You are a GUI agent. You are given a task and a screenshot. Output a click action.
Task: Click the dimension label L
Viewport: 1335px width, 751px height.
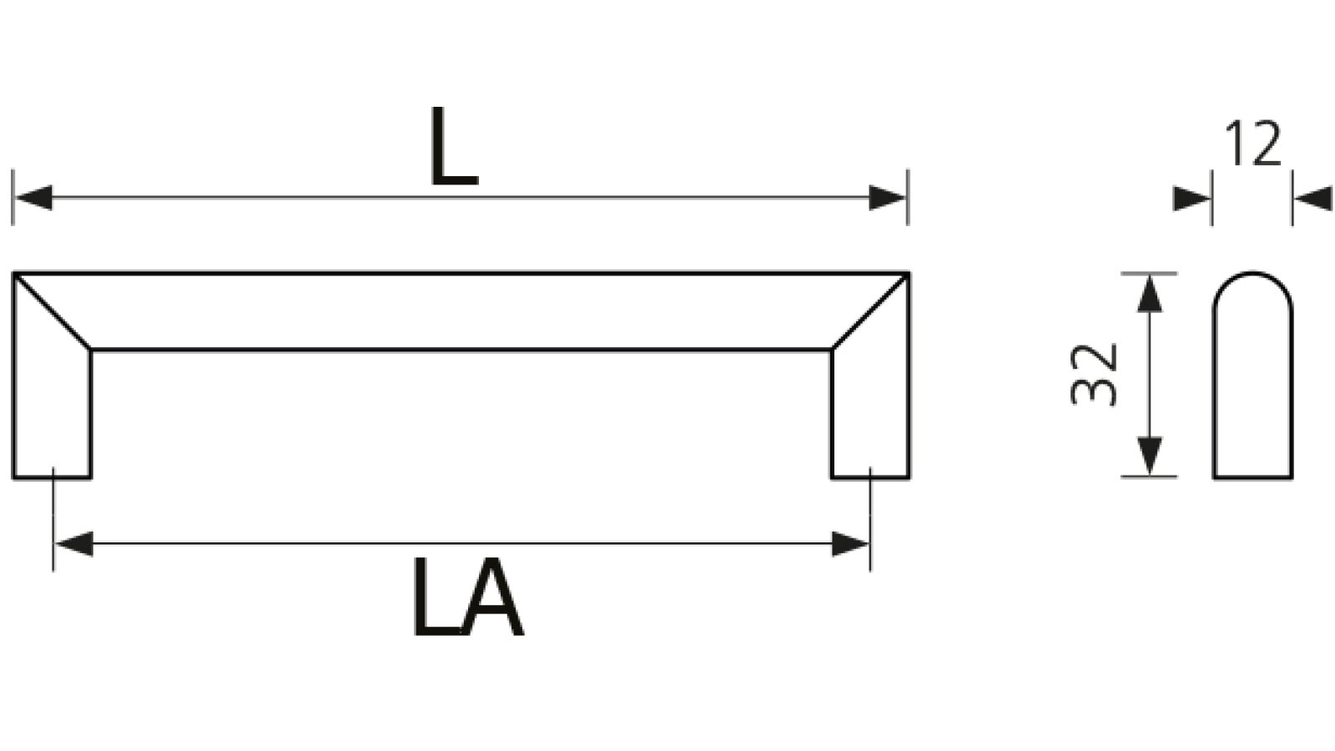pos(454,146)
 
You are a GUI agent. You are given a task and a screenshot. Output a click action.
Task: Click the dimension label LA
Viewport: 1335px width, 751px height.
pos(468,597)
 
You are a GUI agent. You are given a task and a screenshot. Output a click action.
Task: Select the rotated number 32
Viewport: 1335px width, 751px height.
pos(1093,375)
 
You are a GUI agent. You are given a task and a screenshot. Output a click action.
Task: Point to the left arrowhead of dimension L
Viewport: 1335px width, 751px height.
pos(33,198)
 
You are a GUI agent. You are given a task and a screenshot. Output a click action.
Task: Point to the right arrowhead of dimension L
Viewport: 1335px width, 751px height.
pos(887,198)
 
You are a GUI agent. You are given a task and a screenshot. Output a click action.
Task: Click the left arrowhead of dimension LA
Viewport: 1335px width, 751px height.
pos(74,543)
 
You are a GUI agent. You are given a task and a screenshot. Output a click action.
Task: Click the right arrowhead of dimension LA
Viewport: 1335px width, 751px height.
pos(850,543)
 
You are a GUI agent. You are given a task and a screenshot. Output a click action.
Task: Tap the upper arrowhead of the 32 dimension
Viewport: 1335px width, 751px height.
pos(1150,293)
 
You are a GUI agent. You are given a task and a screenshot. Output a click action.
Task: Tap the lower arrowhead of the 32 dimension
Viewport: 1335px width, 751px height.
pos(1150,456)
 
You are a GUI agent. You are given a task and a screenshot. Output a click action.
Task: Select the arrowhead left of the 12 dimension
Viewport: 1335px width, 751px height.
pos(1192,199)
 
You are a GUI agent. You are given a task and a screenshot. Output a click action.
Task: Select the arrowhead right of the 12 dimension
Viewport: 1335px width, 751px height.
pos(1313,199)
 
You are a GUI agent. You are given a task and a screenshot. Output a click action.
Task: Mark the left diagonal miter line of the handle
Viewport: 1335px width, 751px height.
pos(52,311)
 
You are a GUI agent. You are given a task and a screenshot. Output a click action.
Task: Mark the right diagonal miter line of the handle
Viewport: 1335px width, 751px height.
pos(871,311)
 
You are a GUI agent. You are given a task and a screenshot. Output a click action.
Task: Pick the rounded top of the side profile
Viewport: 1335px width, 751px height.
pos(1252,274)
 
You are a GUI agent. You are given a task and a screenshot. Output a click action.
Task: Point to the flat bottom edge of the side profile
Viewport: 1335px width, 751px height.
pos(1252,477)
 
